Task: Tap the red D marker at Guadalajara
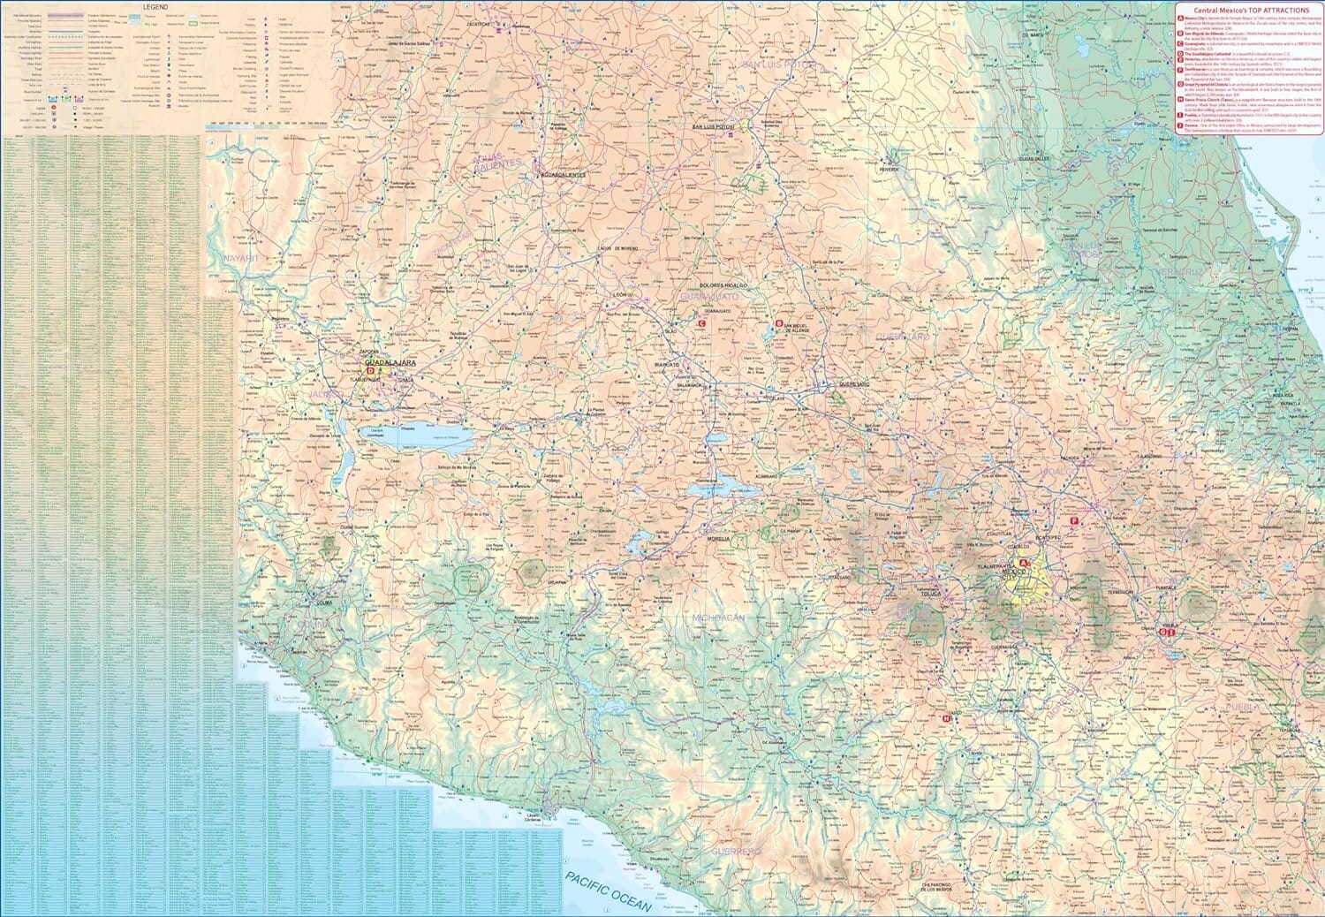point(372,372)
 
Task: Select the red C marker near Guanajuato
point(700,324)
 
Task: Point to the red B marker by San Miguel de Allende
point(778,323)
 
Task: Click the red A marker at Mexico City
point(1024,563)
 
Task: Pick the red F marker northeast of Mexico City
point(1074,521)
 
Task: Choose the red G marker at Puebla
point(1164,632)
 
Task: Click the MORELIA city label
point(716,538)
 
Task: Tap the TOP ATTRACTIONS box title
point(1250,10)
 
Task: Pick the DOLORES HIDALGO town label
point(723,286)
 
